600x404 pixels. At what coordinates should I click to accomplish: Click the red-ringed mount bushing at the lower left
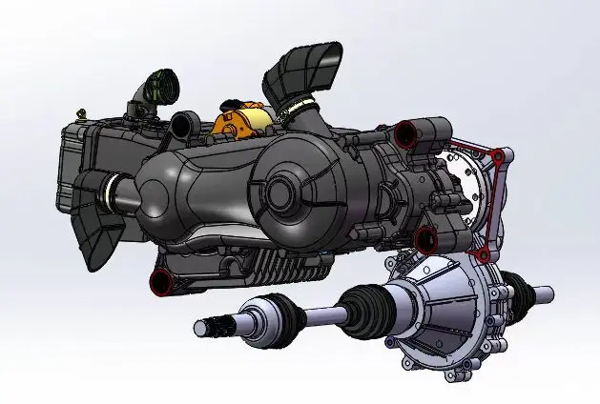(159, 280)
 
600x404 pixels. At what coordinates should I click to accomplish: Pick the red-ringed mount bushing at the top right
(406, 132)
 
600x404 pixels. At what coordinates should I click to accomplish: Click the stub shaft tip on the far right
(543, 293)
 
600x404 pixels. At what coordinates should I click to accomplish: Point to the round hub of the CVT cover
(279, 191)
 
